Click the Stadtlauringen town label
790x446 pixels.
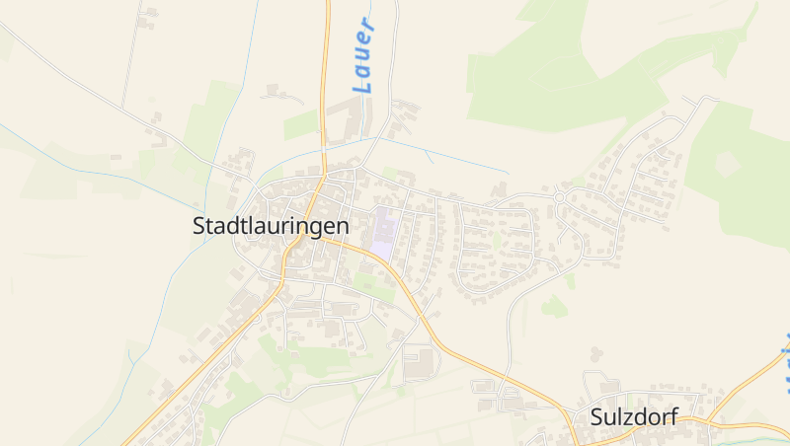point(271,225)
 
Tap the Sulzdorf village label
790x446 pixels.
point(633,416)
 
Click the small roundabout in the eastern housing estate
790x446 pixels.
point(559,197)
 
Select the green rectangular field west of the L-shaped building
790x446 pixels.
point(300,124)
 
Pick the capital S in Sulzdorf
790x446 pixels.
point(595,416)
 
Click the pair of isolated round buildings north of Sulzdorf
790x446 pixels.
point(595,352)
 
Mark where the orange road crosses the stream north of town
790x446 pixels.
point(324,149)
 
